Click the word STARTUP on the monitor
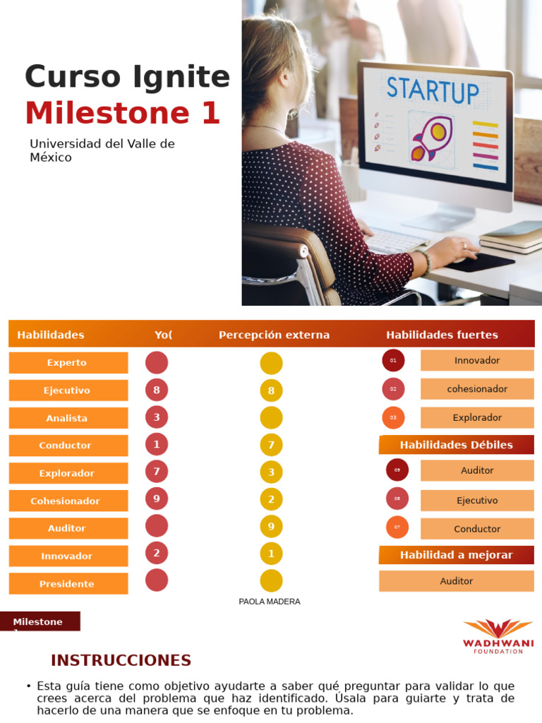point(432,90)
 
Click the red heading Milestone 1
point(123,113)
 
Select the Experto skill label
point(68,363)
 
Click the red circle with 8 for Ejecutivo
point(157,390)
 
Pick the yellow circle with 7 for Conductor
point(271,445)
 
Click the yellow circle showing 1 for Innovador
point(271,554)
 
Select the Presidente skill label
point(68,584)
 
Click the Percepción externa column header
point(274,335)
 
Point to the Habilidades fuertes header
point(442,335)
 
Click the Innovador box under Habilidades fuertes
point(477,361)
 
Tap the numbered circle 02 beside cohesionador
point(393,389)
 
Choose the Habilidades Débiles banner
point(456,445)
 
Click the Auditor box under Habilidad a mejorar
point(456,581)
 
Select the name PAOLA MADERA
point(270,602)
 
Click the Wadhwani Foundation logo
point(498,635)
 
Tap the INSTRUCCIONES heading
point(121,661)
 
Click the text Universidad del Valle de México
point(102,150)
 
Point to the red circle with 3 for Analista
point(157,417)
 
